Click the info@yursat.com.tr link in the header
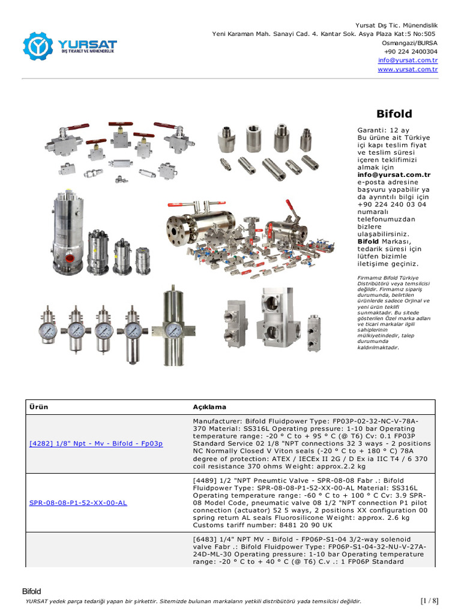(408, 61)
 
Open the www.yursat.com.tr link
(408, 70)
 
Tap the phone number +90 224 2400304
(411, 52)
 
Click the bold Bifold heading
(394, 113)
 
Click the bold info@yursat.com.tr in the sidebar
(394, 175)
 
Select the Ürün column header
(38, 407)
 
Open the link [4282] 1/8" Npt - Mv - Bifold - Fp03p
(96, 443)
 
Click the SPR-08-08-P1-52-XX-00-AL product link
(78, 502)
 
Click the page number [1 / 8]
(429, 601)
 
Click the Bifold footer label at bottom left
(32, 591)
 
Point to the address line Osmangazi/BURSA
(409, 43)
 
